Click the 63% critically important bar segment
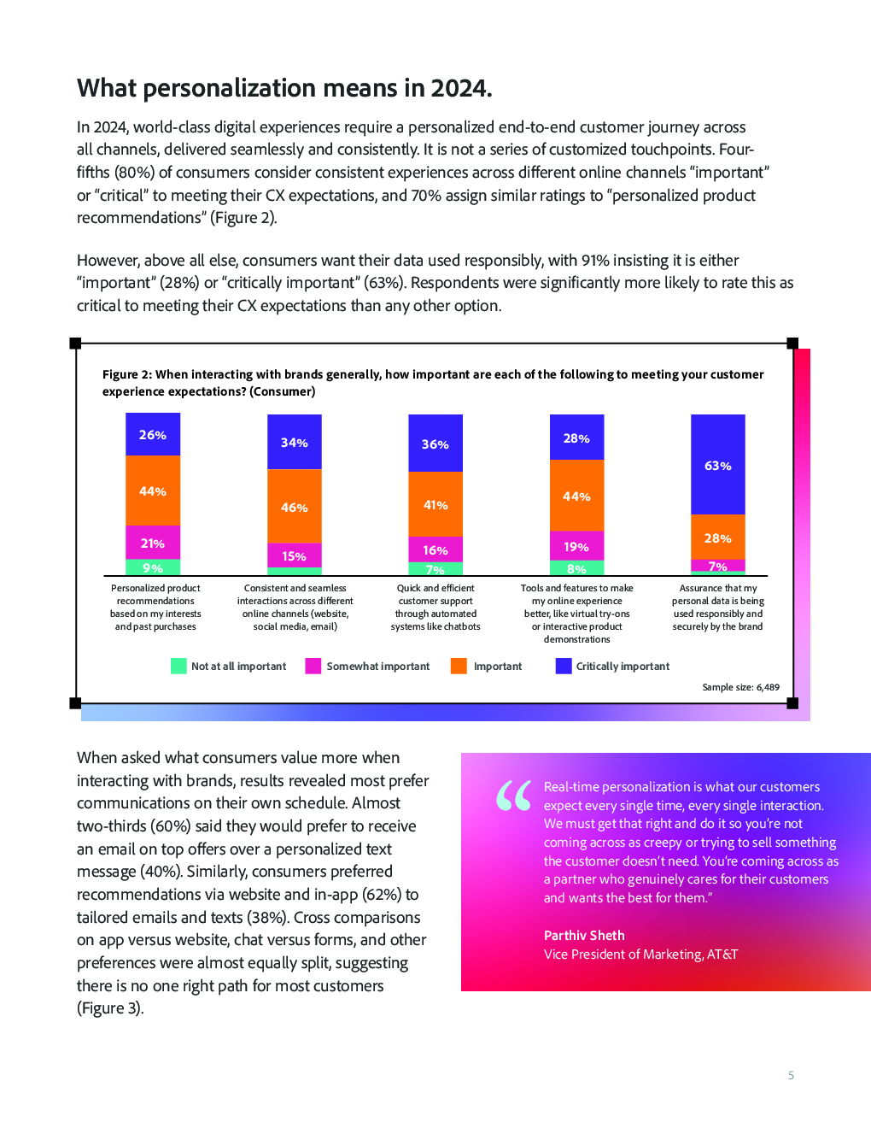tap(717, 464)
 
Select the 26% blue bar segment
tap(153, 434)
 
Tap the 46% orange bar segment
tap(294, 506)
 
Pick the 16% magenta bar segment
tap(435, 549)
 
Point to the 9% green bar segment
tap(153, 567)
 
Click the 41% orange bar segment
tap(435, 504)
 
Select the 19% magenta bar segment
tap(576, 546)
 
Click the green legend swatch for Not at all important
tap(178, 666)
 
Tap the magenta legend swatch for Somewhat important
tap(313, 666)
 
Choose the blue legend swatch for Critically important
tap(564, 666)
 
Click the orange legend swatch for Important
tap(459, 666)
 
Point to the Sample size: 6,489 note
tap(741, 687)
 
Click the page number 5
tap(791, 1075)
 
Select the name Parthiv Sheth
tap(584, 936)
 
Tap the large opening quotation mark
tap(513, 796)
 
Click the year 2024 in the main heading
tap(461, 88)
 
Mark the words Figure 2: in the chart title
tap(126, 375)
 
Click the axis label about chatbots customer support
tap(435, 608)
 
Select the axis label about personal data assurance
tap(718, 608)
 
